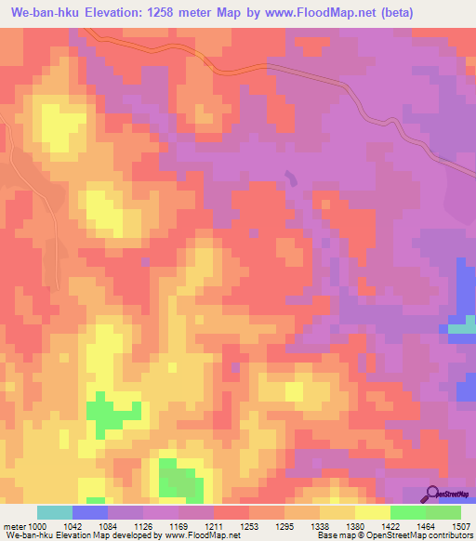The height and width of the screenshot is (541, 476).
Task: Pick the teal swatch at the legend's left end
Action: coord(55,512)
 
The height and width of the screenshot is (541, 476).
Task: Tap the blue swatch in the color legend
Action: coord(90,512)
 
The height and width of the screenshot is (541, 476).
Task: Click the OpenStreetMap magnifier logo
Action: coord(432,495)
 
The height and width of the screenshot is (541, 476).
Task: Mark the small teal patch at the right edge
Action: coord(462,328)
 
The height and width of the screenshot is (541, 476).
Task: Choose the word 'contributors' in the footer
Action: coord(451,536)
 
